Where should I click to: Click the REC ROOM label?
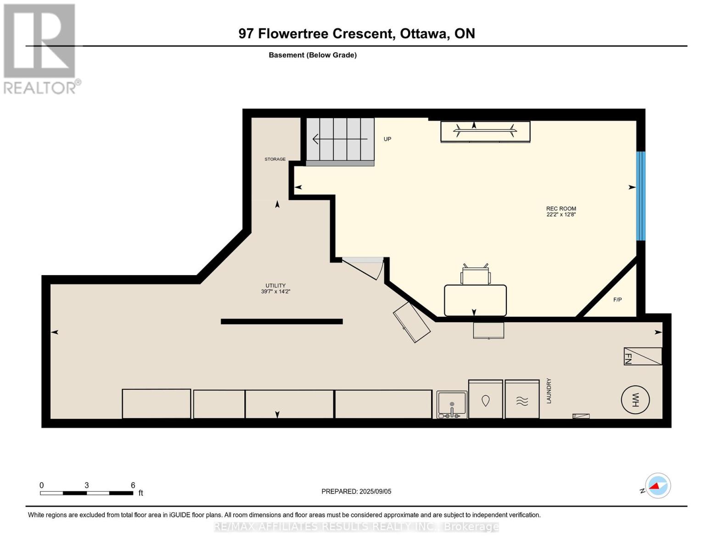click(x=561, y=208)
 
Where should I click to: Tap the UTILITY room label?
click(x=275, y=286)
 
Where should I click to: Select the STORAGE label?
click(x=275, y=159)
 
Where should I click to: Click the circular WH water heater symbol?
click(x=635, y=400)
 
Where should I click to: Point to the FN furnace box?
click(x=642, y=356)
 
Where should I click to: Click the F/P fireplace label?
click(x=618, y=300)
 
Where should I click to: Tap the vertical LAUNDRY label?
click(x=549, y=391)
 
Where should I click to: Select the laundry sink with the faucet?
click(x=452, y=405)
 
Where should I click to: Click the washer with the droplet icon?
click(x=485, y=399)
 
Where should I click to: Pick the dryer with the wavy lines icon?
click(x=522, y=399)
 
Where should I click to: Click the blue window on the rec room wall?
click(x=640, y=196)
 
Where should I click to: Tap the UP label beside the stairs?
click(x=387, y=139)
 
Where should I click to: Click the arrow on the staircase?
click(x=340, y=139)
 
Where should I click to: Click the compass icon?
click(x=657, y=486)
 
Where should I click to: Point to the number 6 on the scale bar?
click(x=133, y=485)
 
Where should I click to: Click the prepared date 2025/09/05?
click(x=375, y=491)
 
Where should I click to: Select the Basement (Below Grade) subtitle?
click(x=313, y=55)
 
